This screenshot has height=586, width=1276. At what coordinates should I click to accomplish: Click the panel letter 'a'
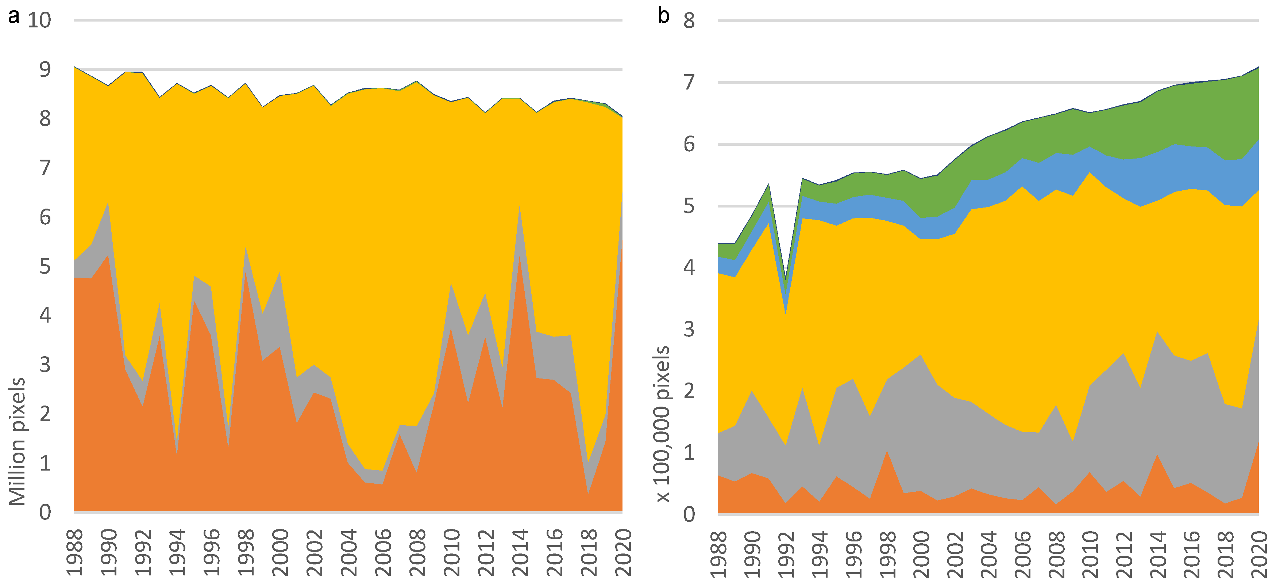coord(14,16)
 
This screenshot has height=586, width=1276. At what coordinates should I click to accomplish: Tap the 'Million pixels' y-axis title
coord(18,441)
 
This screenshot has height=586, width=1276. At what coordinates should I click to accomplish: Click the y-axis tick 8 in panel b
coord(689,21)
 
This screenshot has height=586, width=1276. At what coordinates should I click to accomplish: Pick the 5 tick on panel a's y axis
coord(45,267)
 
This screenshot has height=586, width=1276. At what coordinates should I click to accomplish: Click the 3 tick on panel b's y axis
coord(689,329)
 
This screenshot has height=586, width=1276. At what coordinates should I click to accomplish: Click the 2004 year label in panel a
coord(349,552)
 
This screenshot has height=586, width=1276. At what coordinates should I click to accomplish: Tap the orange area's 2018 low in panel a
coord(588,493)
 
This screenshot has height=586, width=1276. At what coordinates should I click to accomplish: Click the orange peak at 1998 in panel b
coord(887,450)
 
